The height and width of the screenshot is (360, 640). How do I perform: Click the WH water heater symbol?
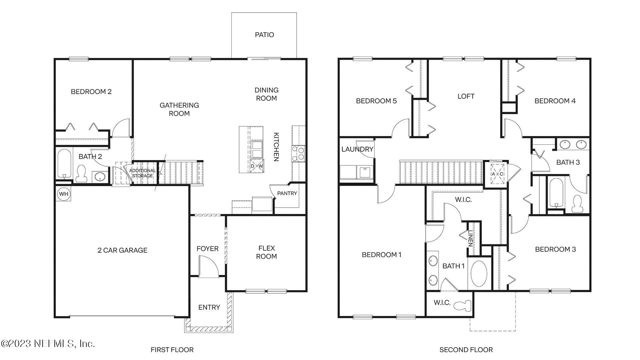64,194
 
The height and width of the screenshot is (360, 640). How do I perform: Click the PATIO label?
264,35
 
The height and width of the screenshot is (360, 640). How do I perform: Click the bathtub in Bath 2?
64,163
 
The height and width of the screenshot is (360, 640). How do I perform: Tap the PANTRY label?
287,193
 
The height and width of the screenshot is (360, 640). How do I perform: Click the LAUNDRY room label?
357,149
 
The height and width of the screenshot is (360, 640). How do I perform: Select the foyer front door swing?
208,266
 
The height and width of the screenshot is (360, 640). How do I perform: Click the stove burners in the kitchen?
298,153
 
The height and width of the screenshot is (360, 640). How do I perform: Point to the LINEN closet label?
470,239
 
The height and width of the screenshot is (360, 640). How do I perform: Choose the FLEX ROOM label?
266,252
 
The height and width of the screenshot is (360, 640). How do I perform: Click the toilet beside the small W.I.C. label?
464,305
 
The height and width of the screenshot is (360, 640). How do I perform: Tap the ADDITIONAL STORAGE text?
142,173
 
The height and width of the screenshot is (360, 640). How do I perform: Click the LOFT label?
466,96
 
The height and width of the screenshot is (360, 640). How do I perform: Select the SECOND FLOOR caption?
466,350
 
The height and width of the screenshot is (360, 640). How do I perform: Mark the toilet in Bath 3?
577,204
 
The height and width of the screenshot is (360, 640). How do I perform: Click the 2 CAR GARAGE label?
122,250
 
